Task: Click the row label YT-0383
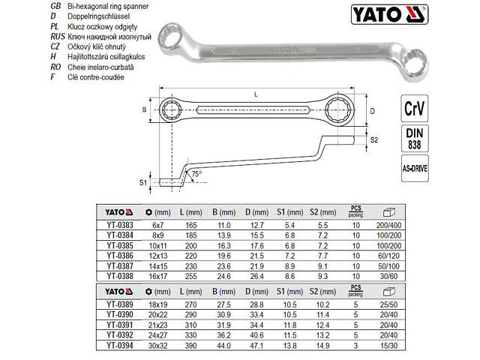120,223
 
